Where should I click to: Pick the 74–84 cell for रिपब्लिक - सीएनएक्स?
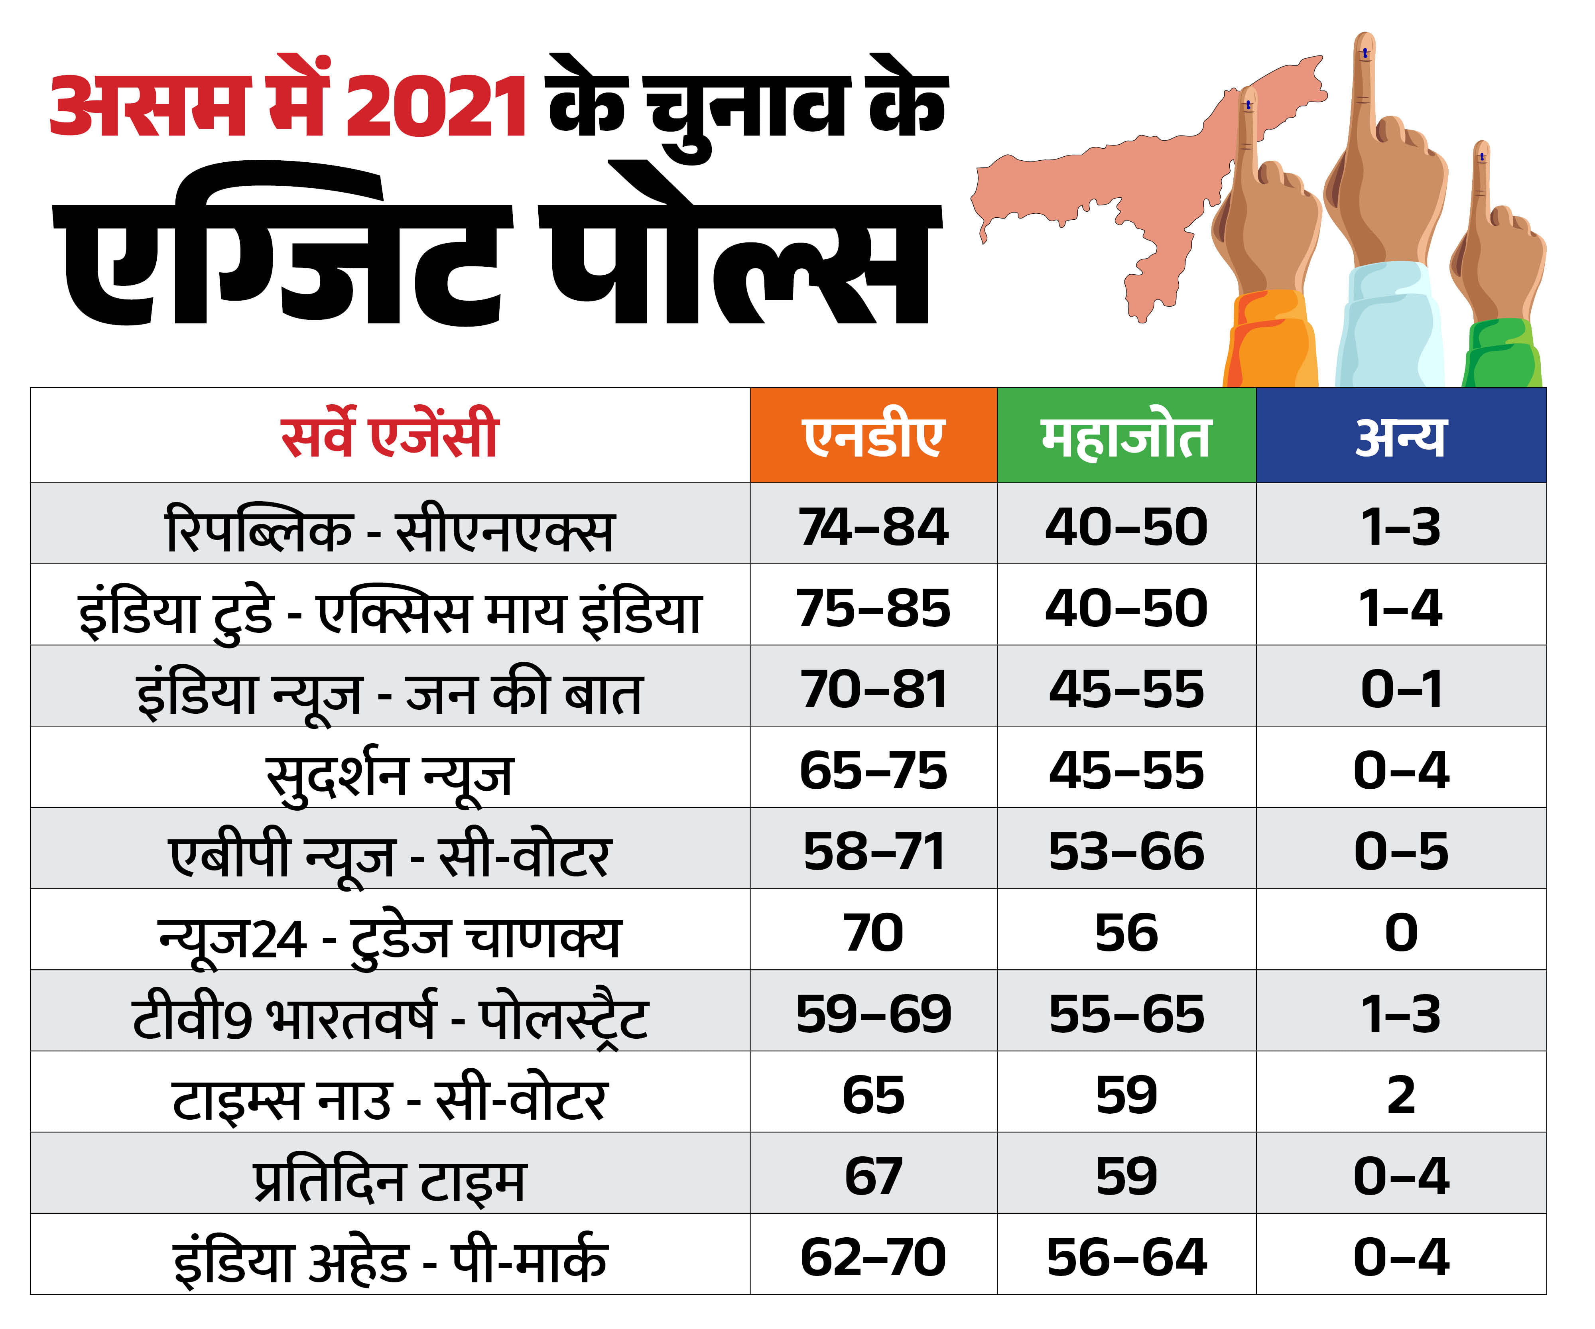[873, 526]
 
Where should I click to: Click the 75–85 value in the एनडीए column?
[873, 608]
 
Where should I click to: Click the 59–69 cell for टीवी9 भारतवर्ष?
[873, 1014]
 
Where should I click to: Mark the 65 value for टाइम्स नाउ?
[873, 1095]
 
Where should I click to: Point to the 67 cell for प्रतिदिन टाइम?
[873, 1176]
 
